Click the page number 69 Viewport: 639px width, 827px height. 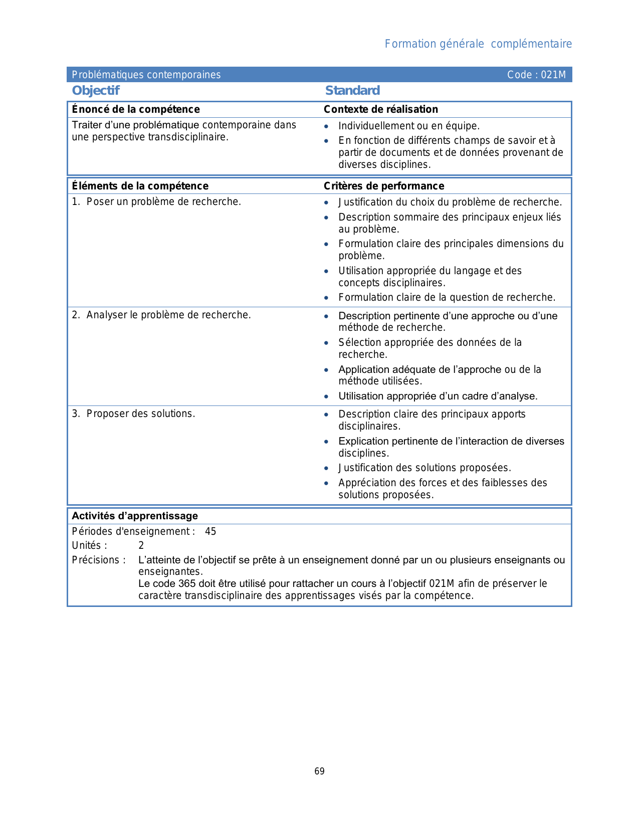click(319, 771)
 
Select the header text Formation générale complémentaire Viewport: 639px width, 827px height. click(478, 44)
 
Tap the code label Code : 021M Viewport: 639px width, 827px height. click(536, 75)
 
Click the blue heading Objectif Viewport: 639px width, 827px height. click(96, 91)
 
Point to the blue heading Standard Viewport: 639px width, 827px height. click(352, 91)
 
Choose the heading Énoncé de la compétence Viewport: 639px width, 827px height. click(136, 109)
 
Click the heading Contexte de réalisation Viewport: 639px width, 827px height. click(381, 109)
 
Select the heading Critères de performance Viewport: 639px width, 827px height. click(384, 186)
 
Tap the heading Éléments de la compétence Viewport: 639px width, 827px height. click(140, 186)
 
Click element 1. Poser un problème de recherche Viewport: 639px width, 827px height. click(156, 201)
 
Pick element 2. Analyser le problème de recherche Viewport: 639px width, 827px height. click(161, 315)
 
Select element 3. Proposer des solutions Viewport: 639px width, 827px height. click(133, 413)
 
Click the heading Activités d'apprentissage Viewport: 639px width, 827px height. click(135, 516)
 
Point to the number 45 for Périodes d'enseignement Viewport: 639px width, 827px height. click(210, 531)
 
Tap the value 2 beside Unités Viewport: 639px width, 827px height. click(141, 545)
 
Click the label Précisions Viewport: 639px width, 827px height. click(98, 560)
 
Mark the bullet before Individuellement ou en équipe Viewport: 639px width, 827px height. click(326, 126)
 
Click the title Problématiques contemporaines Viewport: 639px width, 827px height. click(146, 75)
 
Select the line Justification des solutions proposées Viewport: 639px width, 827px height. click(424, 468)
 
